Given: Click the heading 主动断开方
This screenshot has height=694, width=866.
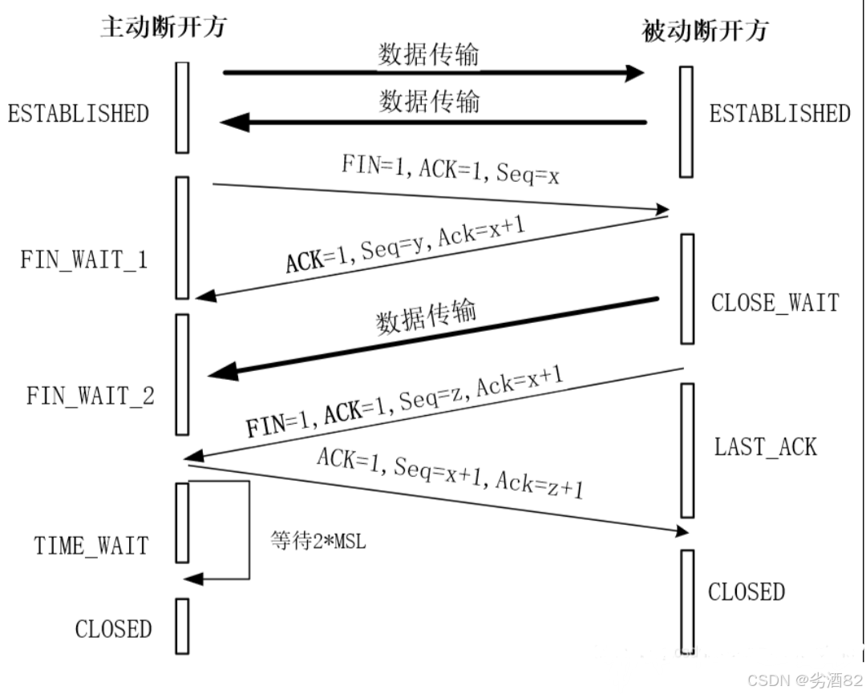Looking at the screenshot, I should click(163, 26).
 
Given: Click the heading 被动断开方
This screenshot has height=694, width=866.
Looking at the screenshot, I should click(706, 30).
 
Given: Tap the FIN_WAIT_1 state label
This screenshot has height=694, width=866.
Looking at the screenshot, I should click(84, 260).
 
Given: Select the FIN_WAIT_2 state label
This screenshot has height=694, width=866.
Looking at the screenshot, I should click(90, 396).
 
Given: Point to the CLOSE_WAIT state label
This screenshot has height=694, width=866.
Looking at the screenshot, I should click(775, 303).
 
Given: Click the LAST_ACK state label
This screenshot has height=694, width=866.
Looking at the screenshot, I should click(766, 446).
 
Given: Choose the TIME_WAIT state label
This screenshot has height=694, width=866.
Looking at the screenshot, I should click(91, 546).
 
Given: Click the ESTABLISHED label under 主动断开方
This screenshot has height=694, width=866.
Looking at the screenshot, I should click(79, 113).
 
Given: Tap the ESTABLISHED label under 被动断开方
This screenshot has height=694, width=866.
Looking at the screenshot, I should click(779, 113).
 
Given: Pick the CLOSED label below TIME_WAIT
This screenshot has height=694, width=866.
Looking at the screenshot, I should click(113, 629).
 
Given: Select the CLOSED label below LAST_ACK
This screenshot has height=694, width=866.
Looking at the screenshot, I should click(746, 592).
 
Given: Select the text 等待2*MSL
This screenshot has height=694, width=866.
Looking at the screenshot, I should click(318, 542).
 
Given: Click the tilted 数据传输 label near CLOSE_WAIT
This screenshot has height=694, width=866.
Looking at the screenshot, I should click(426, 317).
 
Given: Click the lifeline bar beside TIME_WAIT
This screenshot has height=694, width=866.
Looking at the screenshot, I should click(182, 522).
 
